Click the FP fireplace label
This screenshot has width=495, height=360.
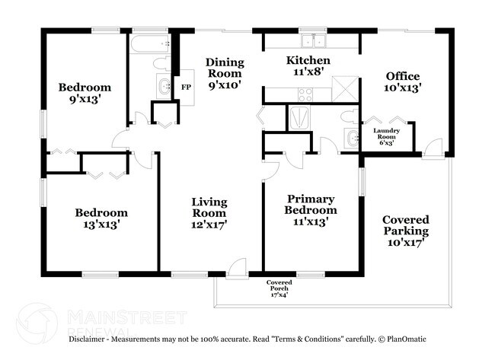pos(186,87)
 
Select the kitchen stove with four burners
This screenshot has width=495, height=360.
pos(305,94)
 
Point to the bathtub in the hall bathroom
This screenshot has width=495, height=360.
pos(148,43)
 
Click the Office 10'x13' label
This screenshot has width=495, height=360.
pos(404,81)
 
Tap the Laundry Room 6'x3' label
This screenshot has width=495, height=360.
pos(386,135)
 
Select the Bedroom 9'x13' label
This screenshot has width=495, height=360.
pos(85,94)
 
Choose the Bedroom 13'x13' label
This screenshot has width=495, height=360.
pos(101,218)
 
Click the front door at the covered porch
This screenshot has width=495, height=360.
pos(238,269)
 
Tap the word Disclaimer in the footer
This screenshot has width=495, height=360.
pos(91,339)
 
